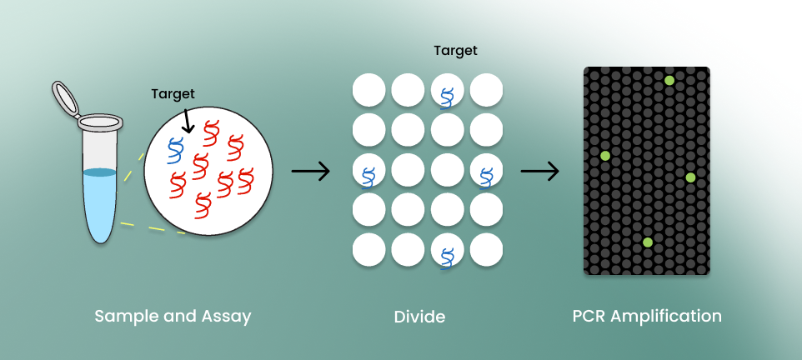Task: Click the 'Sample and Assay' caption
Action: (173, 317)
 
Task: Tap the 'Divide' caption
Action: (419, 317)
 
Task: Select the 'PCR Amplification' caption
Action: (647, 317)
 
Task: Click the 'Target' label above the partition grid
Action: (455, 51)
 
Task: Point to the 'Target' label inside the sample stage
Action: (173, 94)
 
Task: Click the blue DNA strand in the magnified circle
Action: (176, 151)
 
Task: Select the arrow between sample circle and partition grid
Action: (310, 172)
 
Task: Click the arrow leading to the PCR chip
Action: (539, 172)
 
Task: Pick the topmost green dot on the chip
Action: (669, 80)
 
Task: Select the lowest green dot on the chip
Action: (648, 242)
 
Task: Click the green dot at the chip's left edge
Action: (605, 156)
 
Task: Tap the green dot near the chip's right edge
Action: (690, 177)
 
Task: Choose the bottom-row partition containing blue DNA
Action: (448, 251)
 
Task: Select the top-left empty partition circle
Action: (369, 90)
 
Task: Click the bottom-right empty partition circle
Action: (487, 251)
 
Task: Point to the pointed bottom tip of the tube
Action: (103, 241)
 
